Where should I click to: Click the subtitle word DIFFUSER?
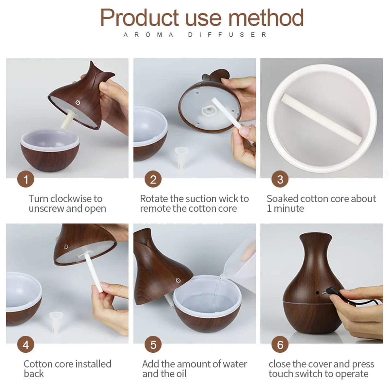pos(227,35)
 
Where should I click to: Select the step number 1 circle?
pos(26,179)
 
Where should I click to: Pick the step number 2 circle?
pos(153,179)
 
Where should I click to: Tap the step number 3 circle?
pos(280,179)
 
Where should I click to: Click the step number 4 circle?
pos(26,345)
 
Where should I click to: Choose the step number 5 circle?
pos(153,345)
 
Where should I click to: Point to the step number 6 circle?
pos(280,345)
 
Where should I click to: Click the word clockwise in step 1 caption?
pos(71,198)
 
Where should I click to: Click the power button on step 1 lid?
pos(77,103)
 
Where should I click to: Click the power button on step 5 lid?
pos(178,280)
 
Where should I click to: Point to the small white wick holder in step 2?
pos(180,156)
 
